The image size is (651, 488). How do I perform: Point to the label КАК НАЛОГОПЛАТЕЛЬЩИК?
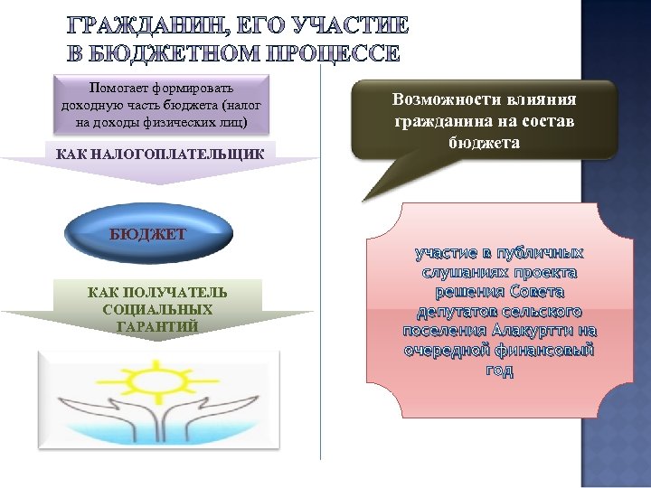tap(160, 155)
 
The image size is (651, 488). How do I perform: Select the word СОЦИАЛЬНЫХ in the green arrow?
tap(157, 309)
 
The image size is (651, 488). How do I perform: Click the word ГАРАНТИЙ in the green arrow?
tap(157, 325)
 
